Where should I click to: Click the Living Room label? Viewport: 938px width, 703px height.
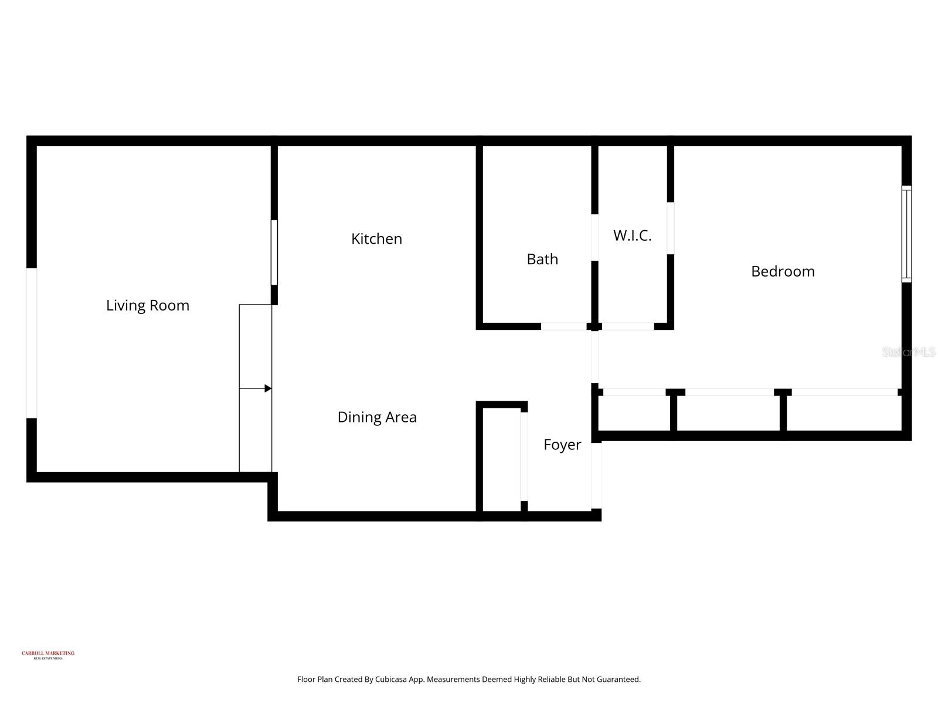click(x=148, y=305)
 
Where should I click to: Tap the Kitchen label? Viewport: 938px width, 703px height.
click(x=376, y=239)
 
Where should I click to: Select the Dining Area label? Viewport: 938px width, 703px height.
click(x=377, y=417)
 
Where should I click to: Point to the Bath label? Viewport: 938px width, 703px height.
click(x=542, y=259)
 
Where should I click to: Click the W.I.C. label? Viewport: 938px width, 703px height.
click(x=632, y=236)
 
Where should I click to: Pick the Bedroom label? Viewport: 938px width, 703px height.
click(x=783, y=271)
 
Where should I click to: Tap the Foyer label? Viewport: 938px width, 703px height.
click(x=562, y=445)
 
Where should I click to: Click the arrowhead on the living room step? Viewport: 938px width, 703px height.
click(x=268, y=388)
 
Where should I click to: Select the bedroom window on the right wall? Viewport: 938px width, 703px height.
click(x=906, y=234)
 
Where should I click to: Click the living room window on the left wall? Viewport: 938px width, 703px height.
click(x=32, y=343)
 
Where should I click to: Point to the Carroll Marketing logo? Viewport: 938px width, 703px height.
click(x=48, y=655)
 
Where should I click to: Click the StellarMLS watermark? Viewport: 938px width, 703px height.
click(x=909, y=352)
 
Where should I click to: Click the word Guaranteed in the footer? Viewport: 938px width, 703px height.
click(x=618, y=680)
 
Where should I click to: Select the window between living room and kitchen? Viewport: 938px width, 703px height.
click(x=274, y=252)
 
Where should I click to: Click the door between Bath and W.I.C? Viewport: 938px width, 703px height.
click(x=594, y=237)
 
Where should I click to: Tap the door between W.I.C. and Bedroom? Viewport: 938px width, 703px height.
click(x=671, y=228)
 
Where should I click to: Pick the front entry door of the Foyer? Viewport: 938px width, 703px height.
click(x=596, y=476)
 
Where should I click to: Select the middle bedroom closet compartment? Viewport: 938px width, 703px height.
click(x=728, y=413)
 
